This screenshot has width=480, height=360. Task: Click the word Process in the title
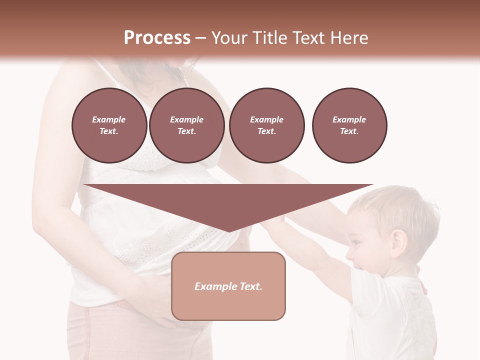click(x=157, y=38)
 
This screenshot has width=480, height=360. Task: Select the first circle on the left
click(x=109, y=125)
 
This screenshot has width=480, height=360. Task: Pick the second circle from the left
click(x=186, y=125)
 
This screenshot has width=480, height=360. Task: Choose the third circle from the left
click(x=266, y=125)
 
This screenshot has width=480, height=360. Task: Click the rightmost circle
click(x=349, y=125)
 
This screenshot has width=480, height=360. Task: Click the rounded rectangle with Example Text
click(x=228, y=286)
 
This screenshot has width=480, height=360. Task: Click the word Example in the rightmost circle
click(x=349, y=119)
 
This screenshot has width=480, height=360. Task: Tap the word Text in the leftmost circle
click(x=108, y=131)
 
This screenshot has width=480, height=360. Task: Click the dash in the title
click(x=200, y=38)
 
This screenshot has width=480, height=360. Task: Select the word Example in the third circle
click(x=266, y=119)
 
